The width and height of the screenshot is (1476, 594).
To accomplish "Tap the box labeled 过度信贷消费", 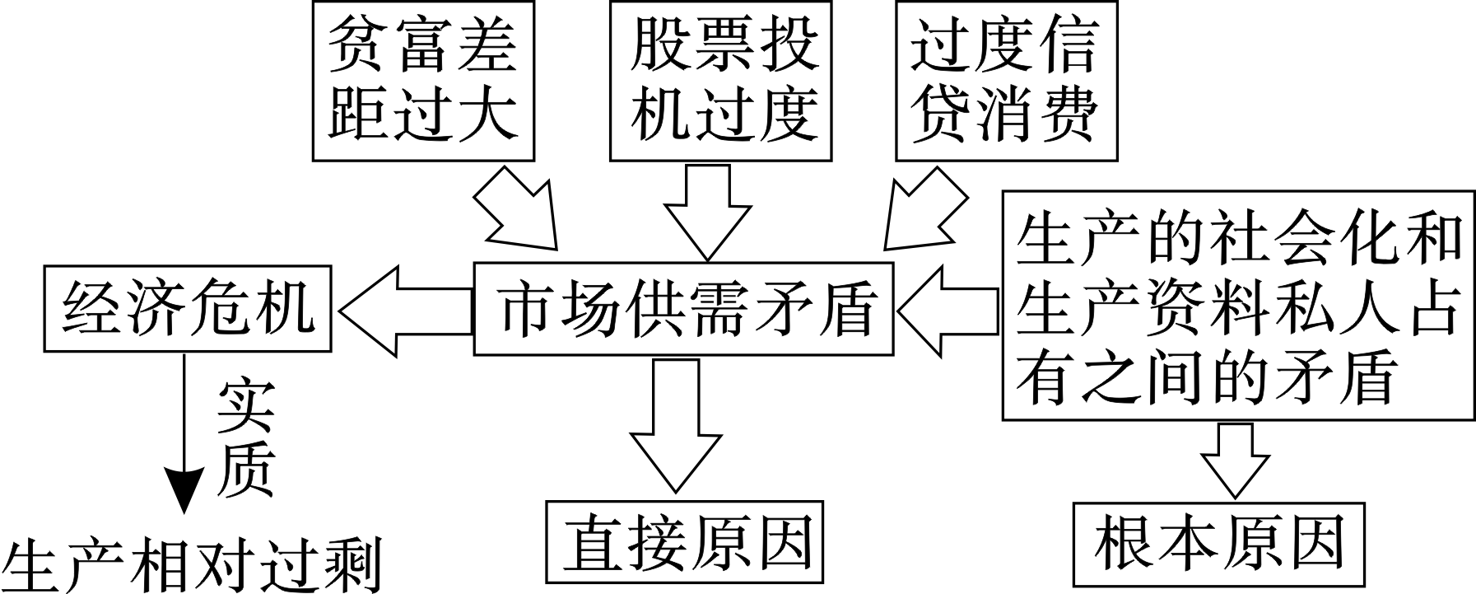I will point(1008,79).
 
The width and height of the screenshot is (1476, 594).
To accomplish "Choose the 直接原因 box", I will point(685,545).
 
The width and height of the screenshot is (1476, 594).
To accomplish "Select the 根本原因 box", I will point(1218,545).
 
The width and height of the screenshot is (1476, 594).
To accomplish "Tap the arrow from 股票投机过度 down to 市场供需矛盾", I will point(706,209).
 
